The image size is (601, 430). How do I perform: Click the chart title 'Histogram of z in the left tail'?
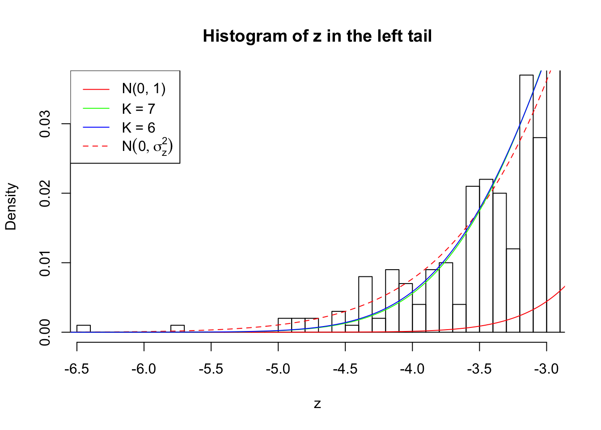click(x=317, y=36)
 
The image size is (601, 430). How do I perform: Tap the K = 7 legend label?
click(x=138, y=109)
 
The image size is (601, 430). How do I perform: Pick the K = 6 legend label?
click(x=138, y=128)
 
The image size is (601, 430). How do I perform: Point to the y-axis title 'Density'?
click(x=11, y=206)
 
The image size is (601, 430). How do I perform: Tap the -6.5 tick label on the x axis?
click(x=77, y=369)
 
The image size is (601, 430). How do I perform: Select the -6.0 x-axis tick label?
click(x=144, y=369)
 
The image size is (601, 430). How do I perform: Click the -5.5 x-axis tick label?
click(x=211, y=369)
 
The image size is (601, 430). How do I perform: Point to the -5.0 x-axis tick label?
click(x=278, y=369)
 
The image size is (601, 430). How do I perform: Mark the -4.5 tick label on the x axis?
click(x=345, y=369)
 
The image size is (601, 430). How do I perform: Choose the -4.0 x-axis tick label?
click(x=412, y=369)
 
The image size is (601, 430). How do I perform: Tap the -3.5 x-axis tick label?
click(x=479, y=369)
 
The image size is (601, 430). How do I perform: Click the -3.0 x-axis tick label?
click(x=546, y=369)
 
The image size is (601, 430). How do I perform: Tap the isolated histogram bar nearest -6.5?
click(x=84, y=329)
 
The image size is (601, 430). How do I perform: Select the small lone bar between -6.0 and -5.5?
click(x=178, y=329)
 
